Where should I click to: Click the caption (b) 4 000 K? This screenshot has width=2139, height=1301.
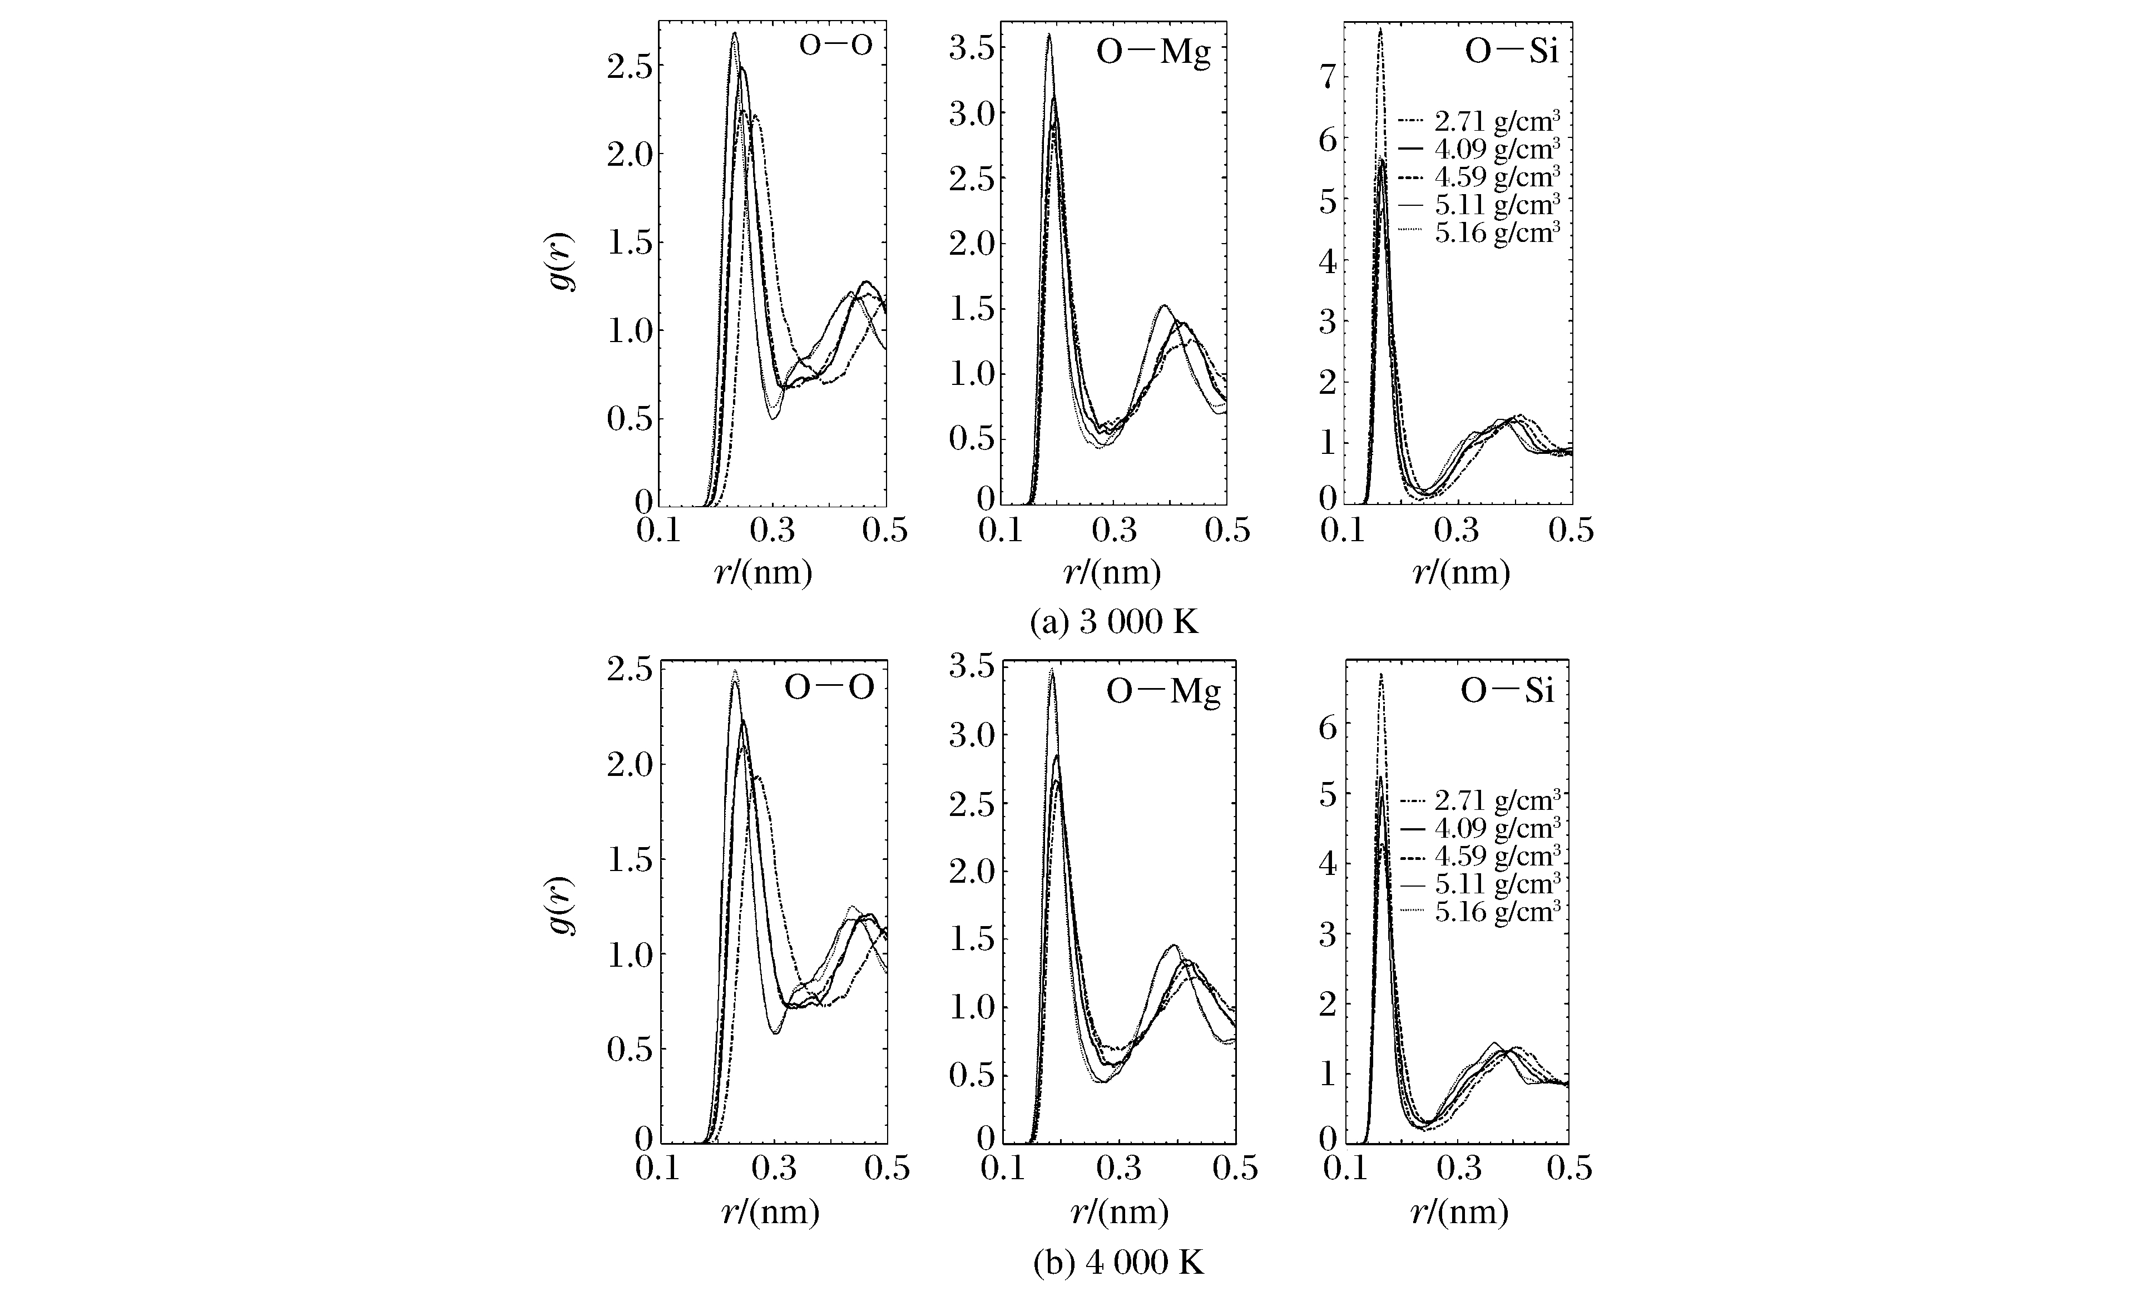[x=1118, y=1263]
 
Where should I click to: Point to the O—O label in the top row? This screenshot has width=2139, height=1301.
[x=835, y=46]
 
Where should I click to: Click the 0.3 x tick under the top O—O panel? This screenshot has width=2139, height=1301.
[x=773, y=528]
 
